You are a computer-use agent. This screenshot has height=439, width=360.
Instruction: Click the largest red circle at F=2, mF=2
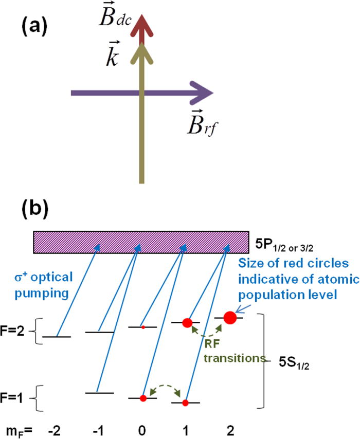(x=230, y=318)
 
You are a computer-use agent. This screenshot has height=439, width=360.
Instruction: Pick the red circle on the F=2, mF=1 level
(x=187, y=323)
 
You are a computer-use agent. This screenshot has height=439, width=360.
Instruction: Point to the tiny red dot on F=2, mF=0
(x=143, y=326)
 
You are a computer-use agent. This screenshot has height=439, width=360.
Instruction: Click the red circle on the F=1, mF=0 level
(x=143, y=398)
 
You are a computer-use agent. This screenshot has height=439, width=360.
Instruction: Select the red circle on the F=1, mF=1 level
(x=186, y=403)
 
